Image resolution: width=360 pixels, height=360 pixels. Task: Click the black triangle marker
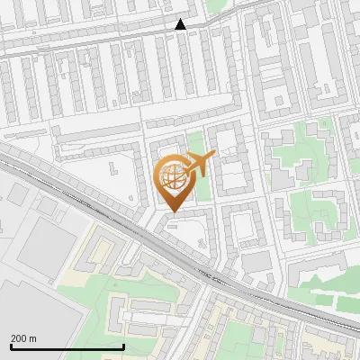click(x=181, y=24)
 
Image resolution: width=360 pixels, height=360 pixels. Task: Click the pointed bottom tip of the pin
click(x=173, y=211)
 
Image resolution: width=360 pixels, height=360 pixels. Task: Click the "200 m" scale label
click(x=24, y=338)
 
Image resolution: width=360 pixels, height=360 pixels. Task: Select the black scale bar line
click(x=67, y=346)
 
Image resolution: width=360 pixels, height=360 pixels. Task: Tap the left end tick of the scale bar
click(x=12, y=346)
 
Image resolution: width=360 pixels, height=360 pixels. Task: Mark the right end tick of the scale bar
click(x=123, y=346)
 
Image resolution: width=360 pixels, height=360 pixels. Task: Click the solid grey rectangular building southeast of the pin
click(x=257, y=260)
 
